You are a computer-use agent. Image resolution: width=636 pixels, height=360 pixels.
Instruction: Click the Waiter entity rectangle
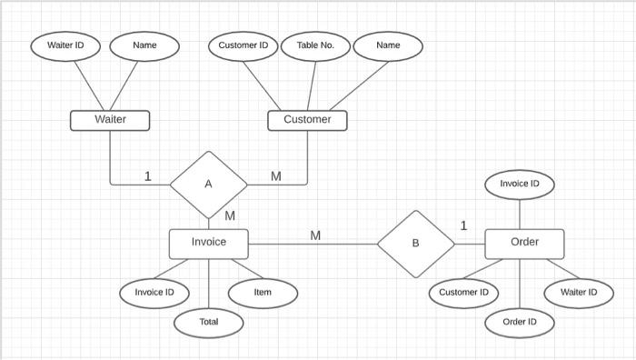110,119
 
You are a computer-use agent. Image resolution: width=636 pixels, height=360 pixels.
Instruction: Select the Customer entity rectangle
307,119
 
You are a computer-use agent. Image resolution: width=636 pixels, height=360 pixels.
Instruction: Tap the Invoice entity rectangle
209,243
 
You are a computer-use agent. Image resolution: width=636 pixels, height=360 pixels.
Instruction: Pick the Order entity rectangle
524,243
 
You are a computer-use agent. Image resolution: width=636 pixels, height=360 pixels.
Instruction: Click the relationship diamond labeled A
209,185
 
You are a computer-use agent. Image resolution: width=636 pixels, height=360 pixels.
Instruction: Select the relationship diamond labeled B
416,244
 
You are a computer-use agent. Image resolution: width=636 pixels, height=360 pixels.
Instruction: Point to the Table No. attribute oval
315,45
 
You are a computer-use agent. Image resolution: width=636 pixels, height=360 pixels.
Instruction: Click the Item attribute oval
263,293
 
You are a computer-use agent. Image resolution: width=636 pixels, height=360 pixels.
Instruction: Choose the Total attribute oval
209,322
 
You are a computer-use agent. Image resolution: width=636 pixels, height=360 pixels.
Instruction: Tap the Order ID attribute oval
520,322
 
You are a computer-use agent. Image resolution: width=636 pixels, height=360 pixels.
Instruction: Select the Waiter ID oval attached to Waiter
65,45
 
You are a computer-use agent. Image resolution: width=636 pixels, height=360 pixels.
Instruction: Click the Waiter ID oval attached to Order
579,293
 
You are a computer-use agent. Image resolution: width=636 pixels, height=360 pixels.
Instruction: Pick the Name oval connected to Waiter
144,45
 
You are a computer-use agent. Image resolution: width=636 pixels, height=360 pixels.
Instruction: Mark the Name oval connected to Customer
388,45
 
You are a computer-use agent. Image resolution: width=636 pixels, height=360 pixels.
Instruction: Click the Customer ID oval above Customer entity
243,45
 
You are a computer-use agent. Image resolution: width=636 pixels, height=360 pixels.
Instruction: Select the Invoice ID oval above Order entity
520,185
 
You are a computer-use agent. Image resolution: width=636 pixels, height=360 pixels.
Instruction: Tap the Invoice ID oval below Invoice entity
154,293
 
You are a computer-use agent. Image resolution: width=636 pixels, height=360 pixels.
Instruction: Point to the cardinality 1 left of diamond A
148,176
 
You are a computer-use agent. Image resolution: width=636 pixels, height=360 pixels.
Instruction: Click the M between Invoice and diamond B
315,235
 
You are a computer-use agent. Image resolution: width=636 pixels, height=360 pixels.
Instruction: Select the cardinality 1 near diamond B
463,225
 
